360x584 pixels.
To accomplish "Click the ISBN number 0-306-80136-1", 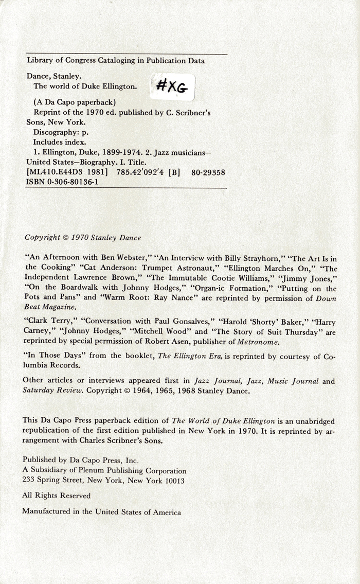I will [62, 182].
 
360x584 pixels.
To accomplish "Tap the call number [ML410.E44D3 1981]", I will [67, 173].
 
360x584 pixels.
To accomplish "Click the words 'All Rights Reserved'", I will [57, 495].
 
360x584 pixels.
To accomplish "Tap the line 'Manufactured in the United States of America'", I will [102, 512].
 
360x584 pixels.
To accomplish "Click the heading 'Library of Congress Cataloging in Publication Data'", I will [116, 61].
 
